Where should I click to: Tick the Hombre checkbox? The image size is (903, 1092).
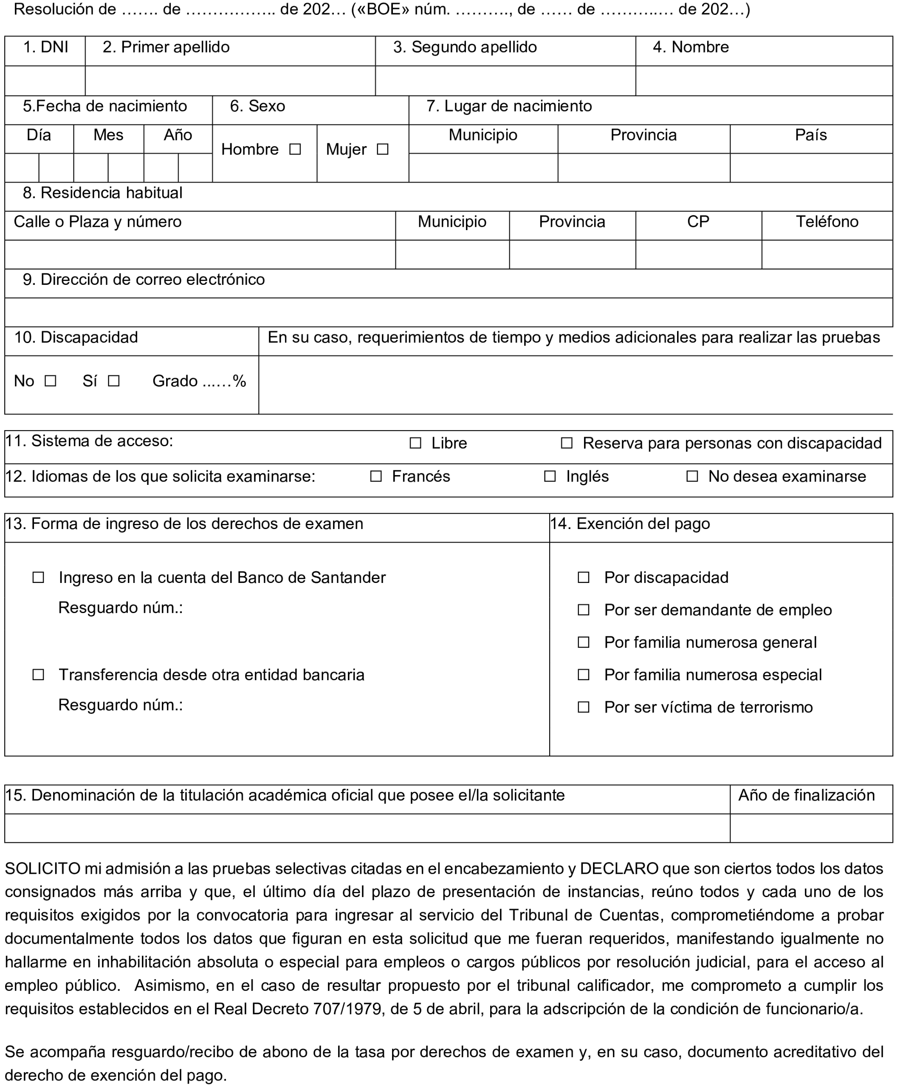(295, 150)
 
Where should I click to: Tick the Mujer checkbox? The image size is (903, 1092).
(382, 150)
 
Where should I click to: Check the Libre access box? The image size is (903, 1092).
(415, 443)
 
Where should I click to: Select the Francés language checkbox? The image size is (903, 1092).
(375, 476)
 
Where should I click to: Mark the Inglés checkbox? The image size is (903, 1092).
(550, 476)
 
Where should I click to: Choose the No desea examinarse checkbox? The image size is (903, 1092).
(692, 476)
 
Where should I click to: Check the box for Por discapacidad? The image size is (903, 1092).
(584, 578)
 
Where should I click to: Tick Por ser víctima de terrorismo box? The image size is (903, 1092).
(584, 707)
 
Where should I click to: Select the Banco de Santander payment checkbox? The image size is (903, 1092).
(38, 578)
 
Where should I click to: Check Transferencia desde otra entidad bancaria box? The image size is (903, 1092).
(38, 675)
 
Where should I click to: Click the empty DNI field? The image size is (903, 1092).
(45, 81)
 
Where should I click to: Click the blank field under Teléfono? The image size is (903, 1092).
(827, 254)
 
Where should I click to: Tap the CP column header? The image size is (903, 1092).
(698, 222)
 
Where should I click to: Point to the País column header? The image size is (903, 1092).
(810, 135)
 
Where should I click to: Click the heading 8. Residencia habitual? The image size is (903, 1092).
(102, 193)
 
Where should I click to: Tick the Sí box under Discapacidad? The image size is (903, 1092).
(113, 381)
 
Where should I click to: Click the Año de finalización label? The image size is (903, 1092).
(806, 795)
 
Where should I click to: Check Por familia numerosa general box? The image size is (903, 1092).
(584, 643)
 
